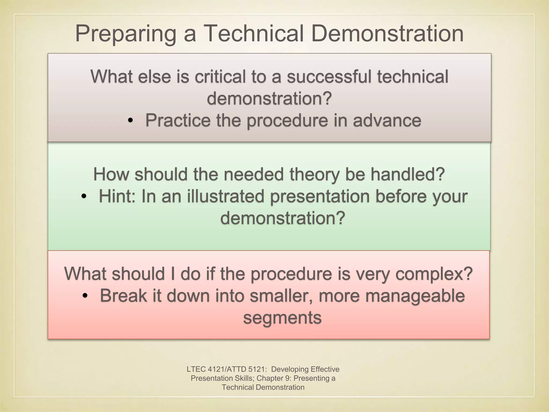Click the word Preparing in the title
125,34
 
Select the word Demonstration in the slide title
387,34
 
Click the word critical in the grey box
220,77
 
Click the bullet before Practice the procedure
130,121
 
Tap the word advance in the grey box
387,120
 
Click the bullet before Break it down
85,296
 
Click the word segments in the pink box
282,318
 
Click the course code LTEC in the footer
196,369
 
